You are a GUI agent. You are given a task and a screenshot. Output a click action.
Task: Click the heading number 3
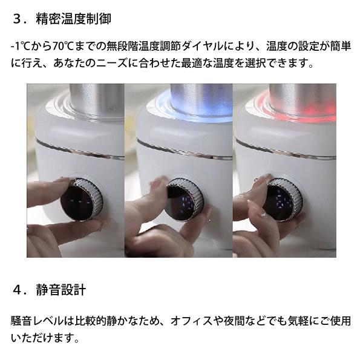point(17,18)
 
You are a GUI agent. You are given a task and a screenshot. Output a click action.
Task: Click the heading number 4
point(17,290)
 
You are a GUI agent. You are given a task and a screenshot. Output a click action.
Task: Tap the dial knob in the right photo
point(282,200)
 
